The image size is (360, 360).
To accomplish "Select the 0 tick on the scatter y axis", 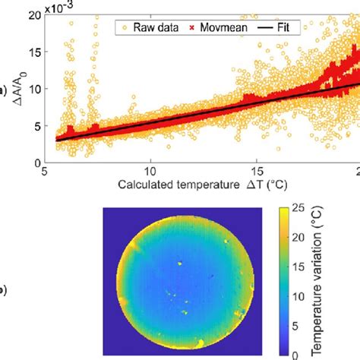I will click(36, 162).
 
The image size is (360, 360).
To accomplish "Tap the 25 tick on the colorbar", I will click(302, 207).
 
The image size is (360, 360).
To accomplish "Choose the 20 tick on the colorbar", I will click(302, 236).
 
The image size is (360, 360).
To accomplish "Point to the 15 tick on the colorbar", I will click(302, 266).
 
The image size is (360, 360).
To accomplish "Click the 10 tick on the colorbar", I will click(302, 295).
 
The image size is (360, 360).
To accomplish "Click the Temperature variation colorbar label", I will click(326, 280).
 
